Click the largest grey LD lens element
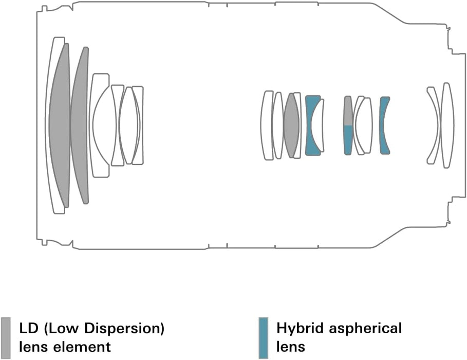tap(61, 125)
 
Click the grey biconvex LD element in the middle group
tap(291, 125)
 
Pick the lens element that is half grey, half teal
tap(348, 125)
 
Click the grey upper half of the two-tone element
tap(348, 111)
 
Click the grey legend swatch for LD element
tap(6, 338)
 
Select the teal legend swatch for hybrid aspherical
tap(264, 338)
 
